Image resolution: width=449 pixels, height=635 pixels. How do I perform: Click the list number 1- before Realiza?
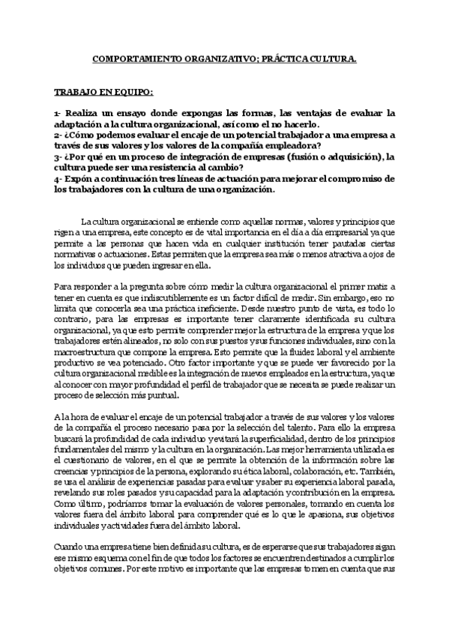(x=58, y=113)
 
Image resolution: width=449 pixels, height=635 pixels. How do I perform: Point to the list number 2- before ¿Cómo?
(x=58, y=135)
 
